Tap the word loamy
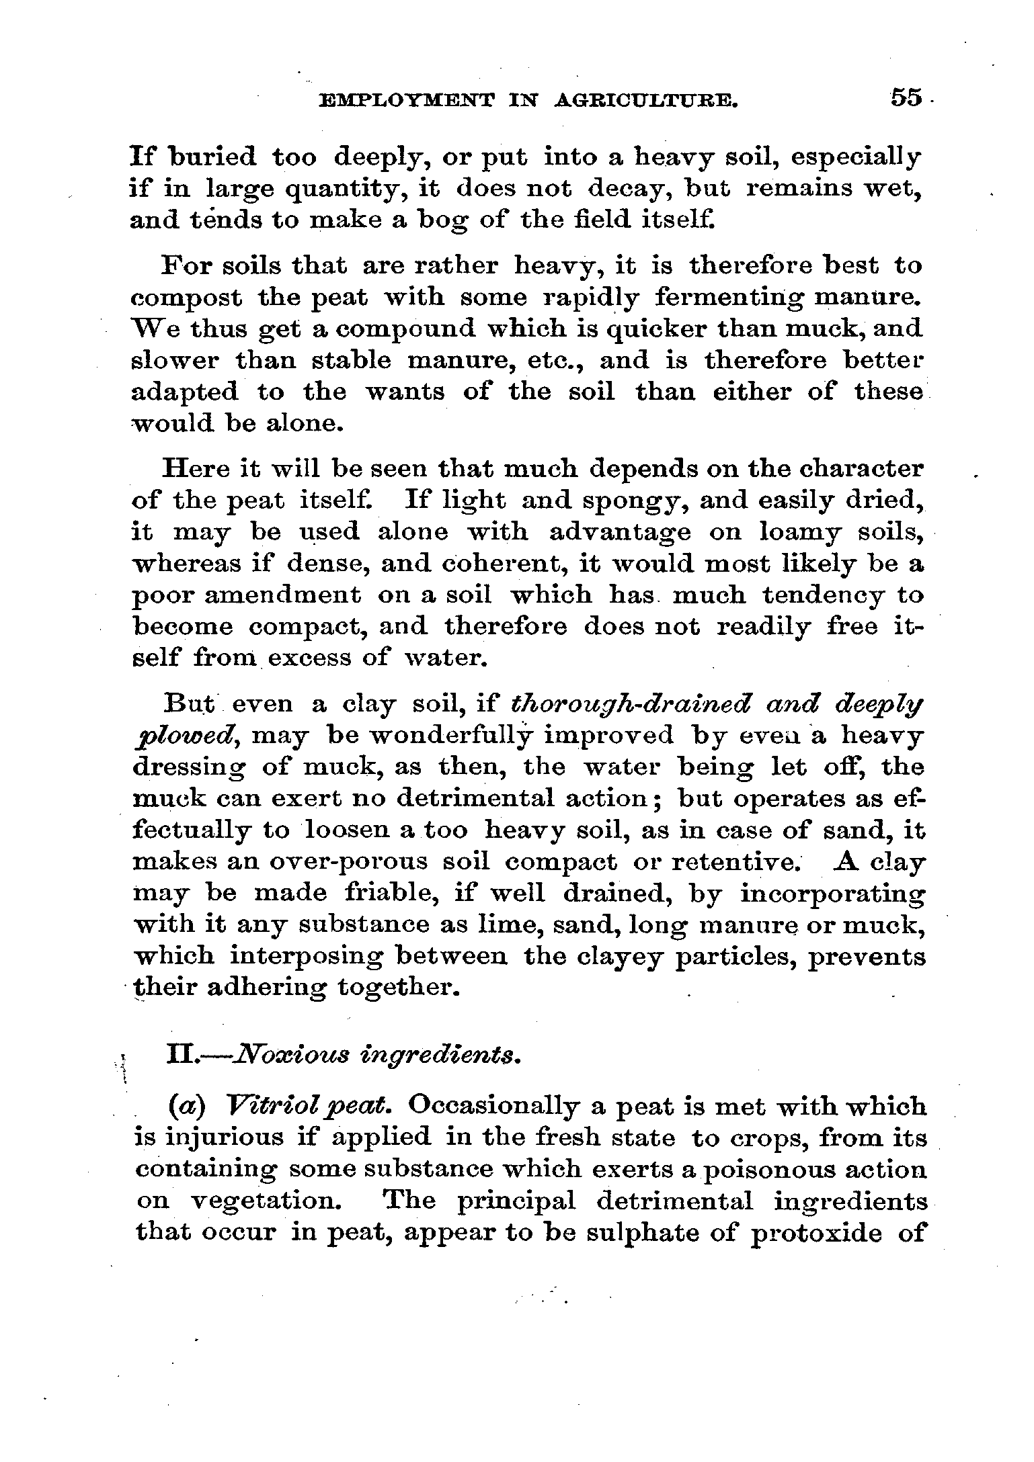(x=798, y=532)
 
